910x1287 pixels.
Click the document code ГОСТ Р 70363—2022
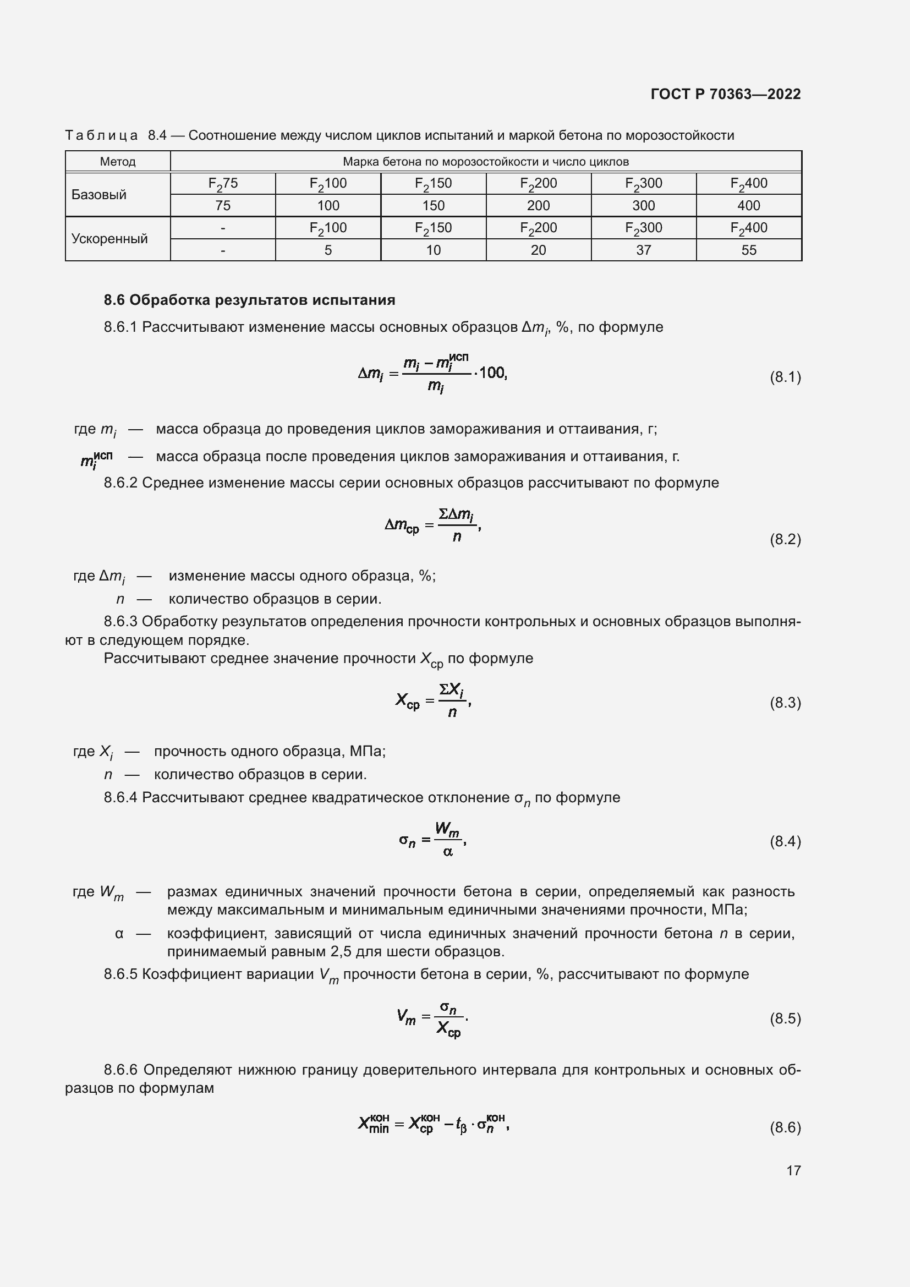coord(725,94)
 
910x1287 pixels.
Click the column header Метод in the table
coord(118,162)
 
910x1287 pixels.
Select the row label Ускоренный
coord(110,239)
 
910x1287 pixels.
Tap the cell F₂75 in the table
coord(223,184)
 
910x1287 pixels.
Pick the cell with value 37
coord(643,250)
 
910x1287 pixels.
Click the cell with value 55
coord(749,250)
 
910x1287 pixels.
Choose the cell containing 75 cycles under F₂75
coord(223,206)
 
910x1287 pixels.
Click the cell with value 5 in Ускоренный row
coord(328,250)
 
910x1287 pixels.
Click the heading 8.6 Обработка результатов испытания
coord(249,300)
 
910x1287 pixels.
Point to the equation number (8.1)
coord(785,377)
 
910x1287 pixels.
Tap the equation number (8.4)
coord(785,841)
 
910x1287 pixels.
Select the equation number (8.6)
coord(785,1127)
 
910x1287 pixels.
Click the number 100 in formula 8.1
coord(492,373)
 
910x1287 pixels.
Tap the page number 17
coord(793,1170)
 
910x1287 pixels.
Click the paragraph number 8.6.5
coord(120,974)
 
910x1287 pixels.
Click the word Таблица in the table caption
coord(101,136)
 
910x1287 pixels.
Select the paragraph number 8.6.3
coord(120,622)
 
